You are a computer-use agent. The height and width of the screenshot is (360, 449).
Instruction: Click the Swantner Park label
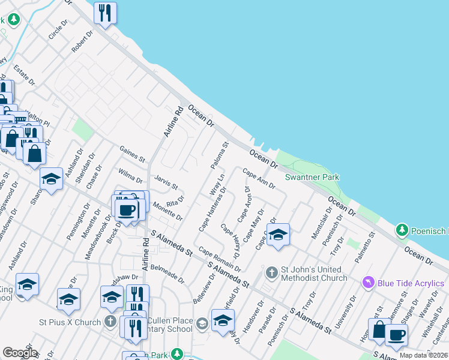tap(312, 177)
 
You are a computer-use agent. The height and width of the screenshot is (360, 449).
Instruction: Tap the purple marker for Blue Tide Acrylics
tap(369, 282)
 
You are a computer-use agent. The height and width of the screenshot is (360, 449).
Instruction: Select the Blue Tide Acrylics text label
tap(411, 283)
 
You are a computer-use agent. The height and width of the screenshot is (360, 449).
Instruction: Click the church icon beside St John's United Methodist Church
tap(271, 273)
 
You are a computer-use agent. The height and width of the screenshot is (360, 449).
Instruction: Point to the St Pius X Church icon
tap(110, 322)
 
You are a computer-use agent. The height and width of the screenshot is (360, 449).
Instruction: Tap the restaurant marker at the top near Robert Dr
tap(106, 13)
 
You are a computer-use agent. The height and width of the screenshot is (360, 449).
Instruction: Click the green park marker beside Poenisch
tap(402, 230)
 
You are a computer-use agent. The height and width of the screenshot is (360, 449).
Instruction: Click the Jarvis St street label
tap(166, 181)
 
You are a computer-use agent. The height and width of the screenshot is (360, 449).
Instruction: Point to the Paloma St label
tap(220, 155)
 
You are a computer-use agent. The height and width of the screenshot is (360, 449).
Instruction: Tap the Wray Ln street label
tap(217, 185)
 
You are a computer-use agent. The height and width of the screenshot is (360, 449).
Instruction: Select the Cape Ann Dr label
tap(259, 178)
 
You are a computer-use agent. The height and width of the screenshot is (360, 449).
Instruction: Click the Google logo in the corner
tap(20, 353)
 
